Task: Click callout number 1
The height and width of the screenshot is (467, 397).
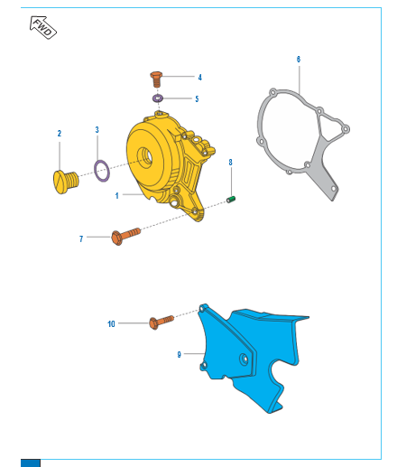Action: click(x=117, y=195)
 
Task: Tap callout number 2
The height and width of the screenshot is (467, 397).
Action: click(x=60, y=134)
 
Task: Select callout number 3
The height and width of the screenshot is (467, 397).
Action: click(x=97, y=130)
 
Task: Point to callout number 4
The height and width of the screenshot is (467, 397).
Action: click(x=199, y=77)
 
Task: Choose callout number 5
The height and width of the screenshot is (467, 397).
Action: click(x=198, y=98)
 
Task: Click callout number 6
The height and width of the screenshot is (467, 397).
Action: click(x=298, y=59)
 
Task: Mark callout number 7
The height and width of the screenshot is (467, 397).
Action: click(x=81, y=238)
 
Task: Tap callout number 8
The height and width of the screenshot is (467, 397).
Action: click(x=230, y=162)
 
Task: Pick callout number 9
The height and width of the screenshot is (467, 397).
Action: click(x=180, y=355)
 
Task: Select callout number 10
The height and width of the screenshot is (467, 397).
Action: click(x=112, y=322)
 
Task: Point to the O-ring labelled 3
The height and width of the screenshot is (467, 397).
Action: click(x=102, y=168)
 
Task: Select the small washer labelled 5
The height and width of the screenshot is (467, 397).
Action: click(x=158, y=98)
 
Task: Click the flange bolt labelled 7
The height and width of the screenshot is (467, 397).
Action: click(x=126, y=236)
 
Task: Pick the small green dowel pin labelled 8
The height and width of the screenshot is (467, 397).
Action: click(x=230, y=198)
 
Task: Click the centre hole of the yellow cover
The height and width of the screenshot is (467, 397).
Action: click(x=144, y=159)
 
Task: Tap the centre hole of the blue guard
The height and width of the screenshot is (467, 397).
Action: click(x=243, y=359)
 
